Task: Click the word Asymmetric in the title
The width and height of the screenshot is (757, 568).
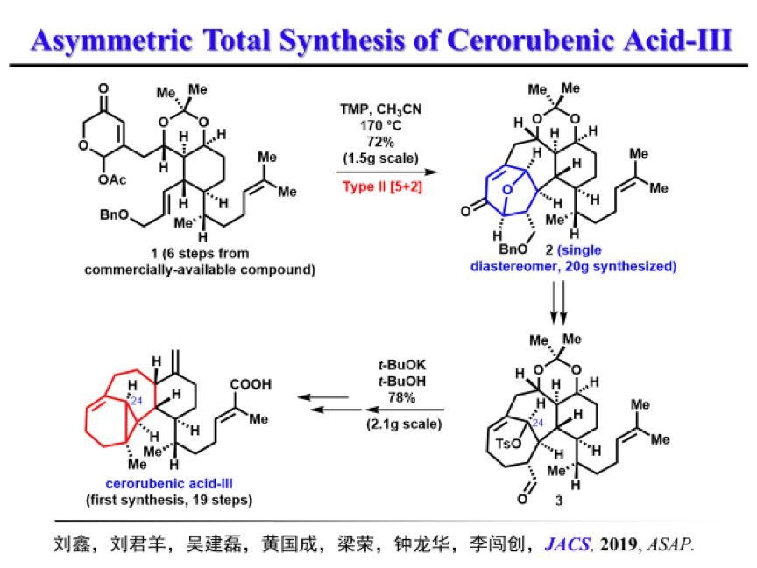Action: (x=104, y=39)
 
